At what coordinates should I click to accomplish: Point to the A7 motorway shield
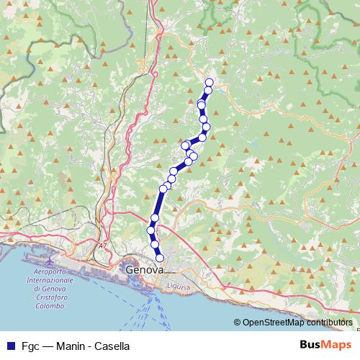pos(102,246)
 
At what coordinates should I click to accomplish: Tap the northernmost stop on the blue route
pos(210,82)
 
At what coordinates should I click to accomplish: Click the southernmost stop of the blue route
pos(160,258)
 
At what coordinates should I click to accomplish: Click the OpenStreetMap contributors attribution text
pos(297,323)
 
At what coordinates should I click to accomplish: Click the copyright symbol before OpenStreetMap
pos(237,323)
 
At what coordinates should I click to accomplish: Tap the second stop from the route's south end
pos(155,245)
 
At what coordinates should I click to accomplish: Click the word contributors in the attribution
pos(328,323)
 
